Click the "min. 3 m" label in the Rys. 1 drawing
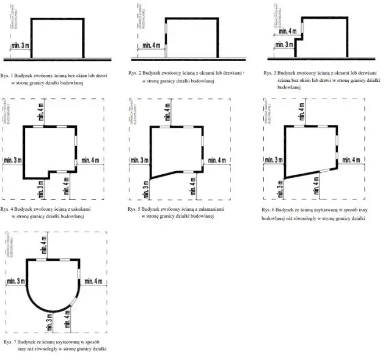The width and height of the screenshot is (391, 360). [19, 46]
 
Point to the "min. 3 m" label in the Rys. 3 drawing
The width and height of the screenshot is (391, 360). [282, 45]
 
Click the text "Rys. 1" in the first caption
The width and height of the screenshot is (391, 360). [9, 75]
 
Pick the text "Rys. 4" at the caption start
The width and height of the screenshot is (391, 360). [9, 209]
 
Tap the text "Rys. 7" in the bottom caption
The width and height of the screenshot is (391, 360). [10, 340]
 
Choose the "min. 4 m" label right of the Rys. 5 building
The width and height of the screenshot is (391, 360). [217, 160]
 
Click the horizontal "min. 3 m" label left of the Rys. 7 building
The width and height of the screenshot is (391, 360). [16, 281]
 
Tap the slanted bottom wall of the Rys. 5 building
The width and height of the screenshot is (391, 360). [174, 174]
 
